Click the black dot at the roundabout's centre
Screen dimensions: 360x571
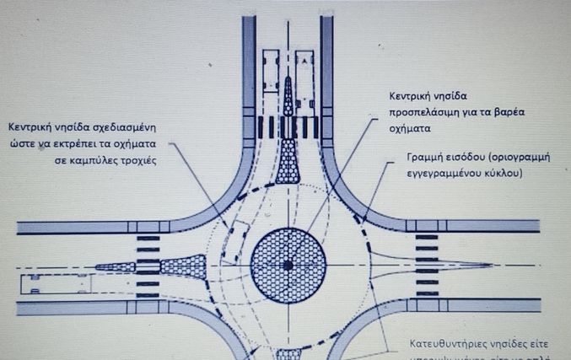pyautogui.click(x=288, y=265)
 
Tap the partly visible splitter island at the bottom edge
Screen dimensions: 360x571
pyautogui.click(x=288, y=354)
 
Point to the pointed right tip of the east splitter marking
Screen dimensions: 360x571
pyautogui.click(x=493, y=265)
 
